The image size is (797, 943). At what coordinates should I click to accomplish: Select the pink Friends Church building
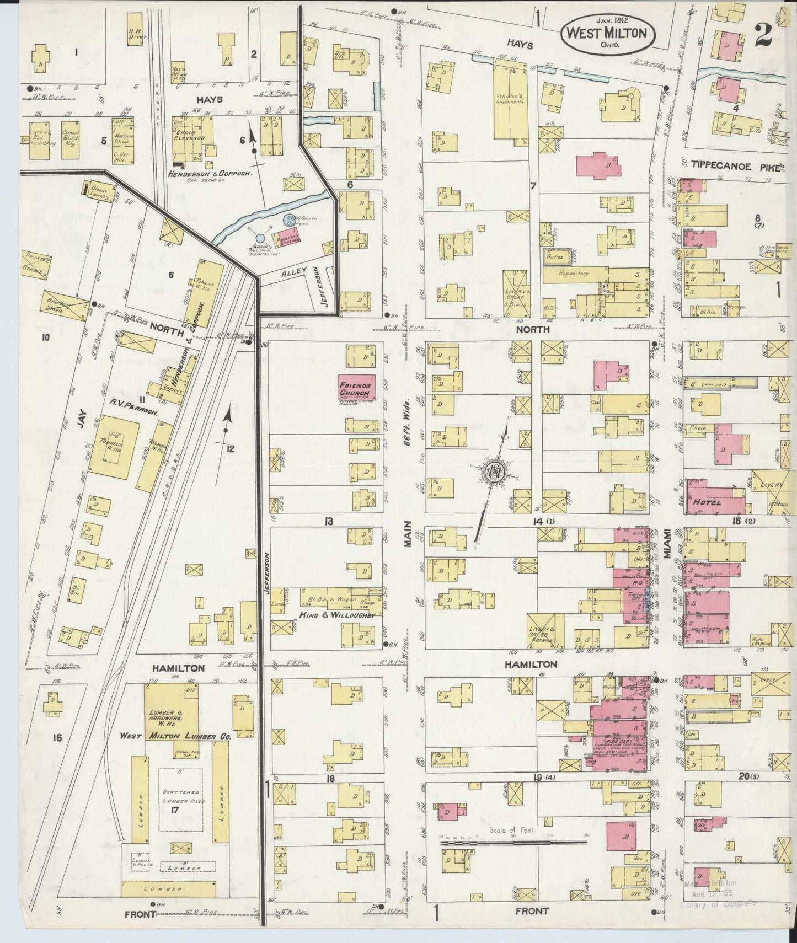357,388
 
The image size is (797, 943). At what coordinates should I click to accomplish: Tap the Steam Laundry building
100,191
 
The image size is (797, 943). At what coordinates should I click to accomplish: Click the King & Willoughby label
338,614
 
